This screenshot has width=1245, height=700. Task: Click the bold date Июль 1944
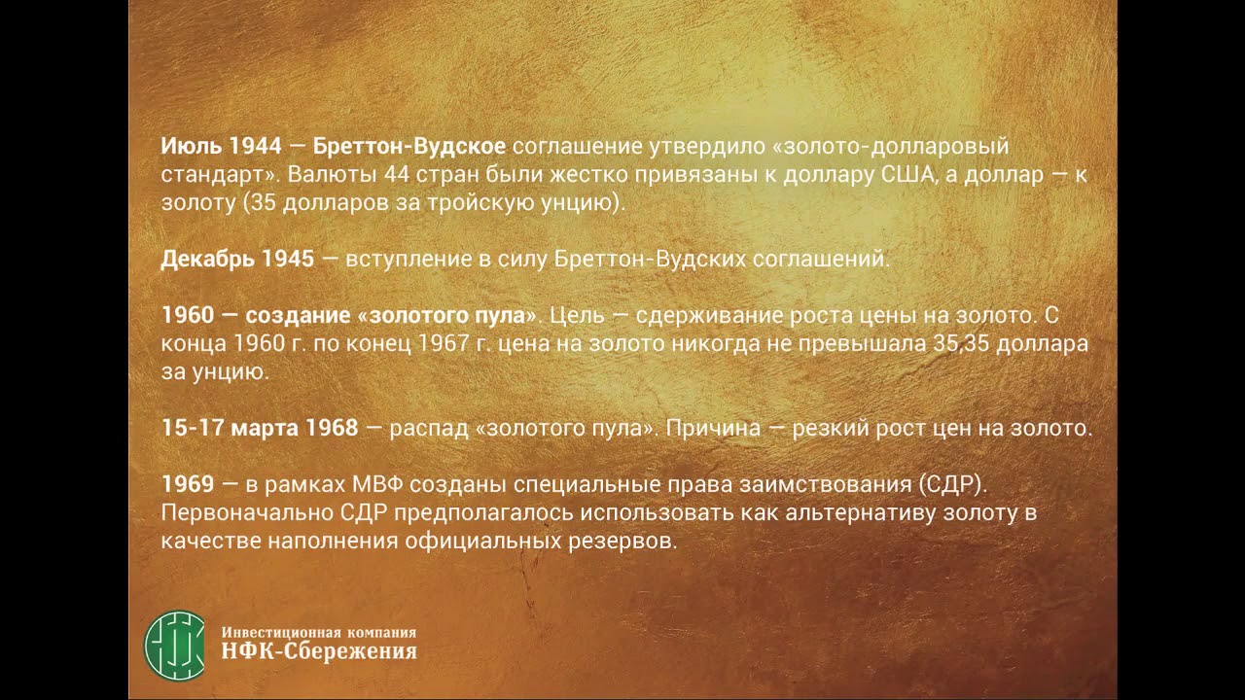coord(221,147)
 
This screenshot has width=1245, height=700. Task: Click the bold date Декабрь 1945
coord(237,260)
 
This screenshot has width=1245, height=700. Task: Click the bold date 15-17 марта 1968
coord(260,429)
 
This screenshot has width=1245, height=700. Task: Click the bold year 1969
coord(187,485)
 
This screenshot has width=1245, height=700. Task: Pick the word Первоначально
coord(229,513)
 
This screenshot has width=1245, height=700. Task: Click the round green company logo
coord(175,643)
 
